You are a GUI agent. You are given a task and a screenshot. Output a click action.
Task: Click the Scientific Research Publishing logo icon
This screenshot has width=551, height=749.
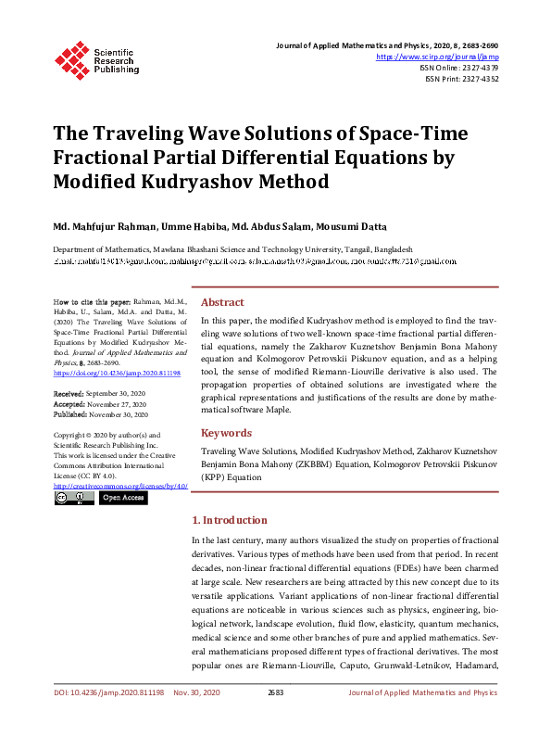(71, 57)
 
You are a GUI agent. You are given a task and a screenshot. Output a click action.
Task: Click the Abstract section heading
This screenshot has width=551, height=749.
(222, 302)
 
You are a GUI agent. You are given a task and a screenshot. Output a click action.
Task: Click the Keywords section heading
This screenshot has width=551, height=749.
(226, 433)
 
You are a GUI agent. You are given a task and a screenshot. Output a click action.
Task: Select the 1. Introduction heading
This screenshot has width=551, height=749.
(229, 520)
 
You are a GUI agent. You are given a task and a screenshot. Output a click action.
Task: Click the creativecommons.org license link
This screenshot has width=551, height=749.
(120, 485)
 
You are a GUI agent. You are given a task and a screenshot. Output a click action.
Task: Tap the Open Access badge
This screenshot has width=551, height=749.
(122, 498)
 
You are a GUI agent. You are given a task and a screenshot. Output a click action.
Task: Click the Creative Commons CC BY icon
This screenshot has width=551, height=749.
(73, 498)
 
